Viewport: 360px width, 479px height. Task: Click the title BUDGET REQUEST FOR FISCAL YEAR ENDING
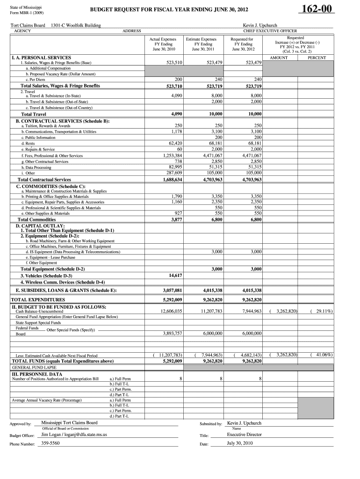(169, 10)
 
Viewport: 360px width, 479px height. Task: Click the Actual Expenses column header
(163, 40)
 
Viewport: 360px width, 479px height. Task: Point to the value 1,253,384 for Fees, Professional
(173, 155)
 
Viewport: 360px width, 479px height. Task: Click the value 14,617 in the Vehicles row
(175, 276)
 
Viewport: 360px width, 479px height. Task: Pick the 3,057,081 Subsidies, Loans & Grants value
(172, 290)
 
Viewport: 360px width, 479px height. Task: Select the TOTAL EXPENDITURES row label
(38, 299)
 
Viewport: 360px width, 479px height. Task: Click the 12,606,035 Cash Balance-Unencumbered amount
(171, 311)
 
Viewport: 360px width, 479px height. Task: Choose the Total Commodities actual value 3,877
(176, 219)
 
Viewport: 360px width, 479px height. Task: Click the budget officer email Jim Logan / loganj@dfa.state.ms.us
(74, 435)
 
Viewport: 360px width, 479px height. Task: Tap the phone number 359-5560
(50, 443)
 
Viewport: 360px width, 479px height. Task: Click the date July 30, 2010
(239, 443)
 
